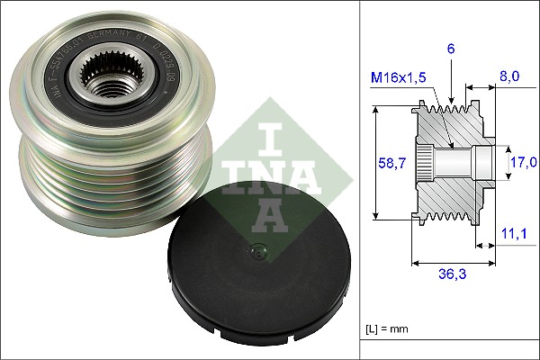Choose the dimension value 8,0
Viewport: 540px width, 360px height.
(x=509, y=78)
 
